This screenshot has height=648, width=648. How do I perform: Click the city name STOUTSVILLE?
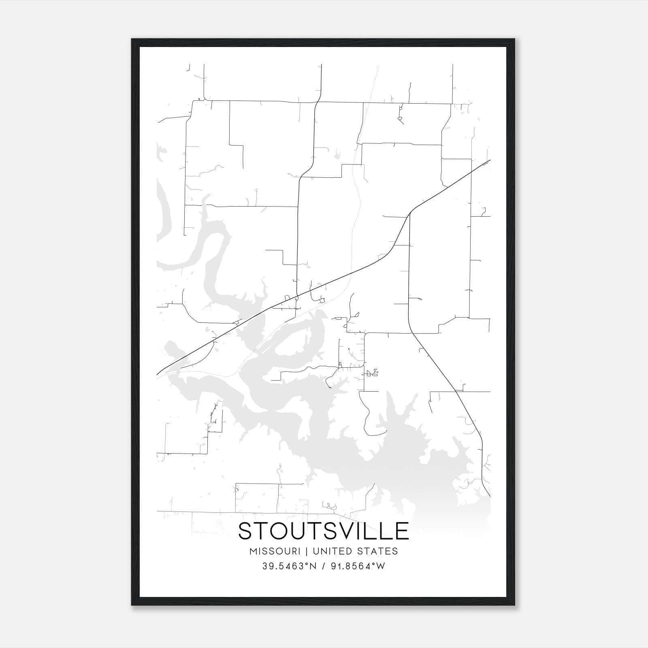(x=323, y=531)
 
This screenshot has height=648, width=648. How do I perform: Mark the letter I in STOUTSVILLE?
(x=365, y=531)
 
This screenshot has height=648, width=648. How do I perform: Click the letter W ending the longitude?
(x=381, y=566)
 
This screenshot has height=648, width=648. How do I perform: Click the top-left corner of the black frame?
(x=132, y=39)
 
